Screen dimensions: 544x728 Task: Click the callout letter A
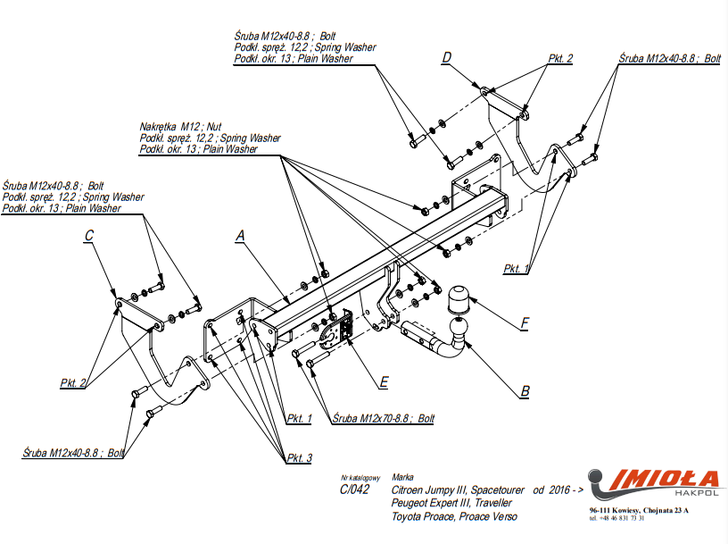pos(239,236)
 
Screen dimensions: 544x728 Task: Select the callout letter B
pos(525,390)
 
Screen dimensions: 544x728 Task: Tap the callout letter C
pos(89,236)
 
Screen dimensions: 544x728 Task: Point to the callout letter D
pos(447,58)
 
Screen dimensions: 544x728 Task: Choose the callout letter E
pos(383,381)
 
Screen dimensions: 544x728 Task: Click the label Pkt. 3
pos(299,458)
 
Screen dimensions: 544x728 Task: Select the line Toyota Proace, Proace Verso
pos(454,516)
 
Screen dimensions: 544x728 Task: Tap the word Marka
pos(402,477)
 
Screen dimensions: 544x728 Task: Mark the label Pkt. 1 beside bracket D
pos(516,268)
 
